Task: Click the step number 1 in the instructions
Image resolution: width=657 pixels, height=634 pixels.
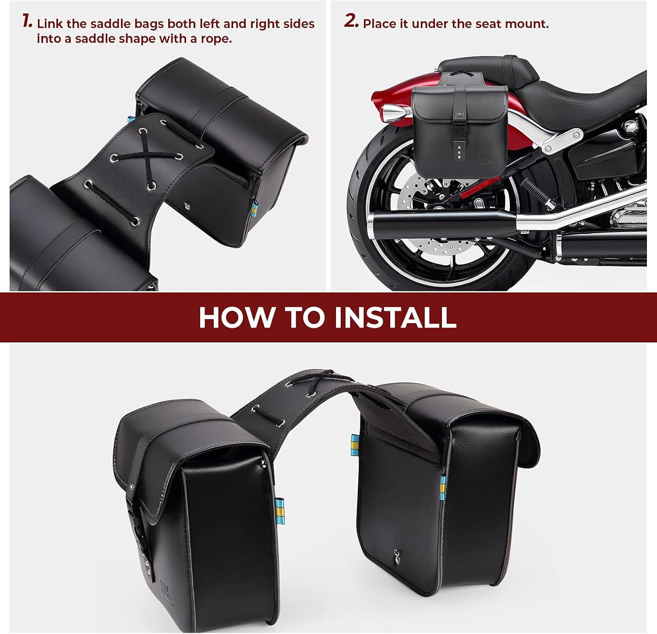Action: [x=27, y=21]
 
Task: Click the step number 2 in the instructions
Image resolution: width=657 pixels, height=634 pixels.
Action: [x=351, y=21]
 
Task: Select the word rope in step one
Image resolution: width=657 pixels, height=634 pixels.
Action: [x=216, y=39]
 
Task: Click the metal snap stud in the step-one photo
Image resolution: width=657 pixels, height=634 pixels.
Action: [x=188, y=204]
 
